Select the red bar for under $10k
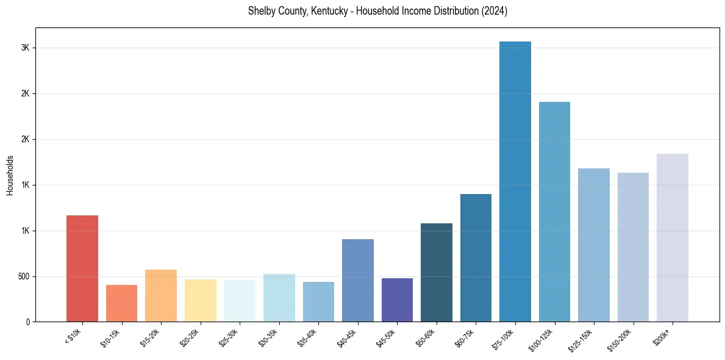pos(82,268)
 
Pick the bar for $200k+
pos(673,237)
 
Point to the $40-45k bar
pos(358,280)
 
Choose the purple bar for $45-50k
pos(397,300)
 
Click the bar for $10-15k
pos(121,303)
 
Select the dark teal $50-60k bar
pos(437,272)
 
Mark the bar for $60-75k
pos(476,257)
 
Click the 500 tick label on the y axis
pos(23,276)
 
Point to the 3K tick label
pos(26,48)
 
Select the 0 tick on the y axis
pos(28,322)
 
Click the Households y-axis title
pos(10,175)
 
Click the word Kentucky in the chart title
pos(320,11)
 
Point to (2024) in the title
pos(495,11)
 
